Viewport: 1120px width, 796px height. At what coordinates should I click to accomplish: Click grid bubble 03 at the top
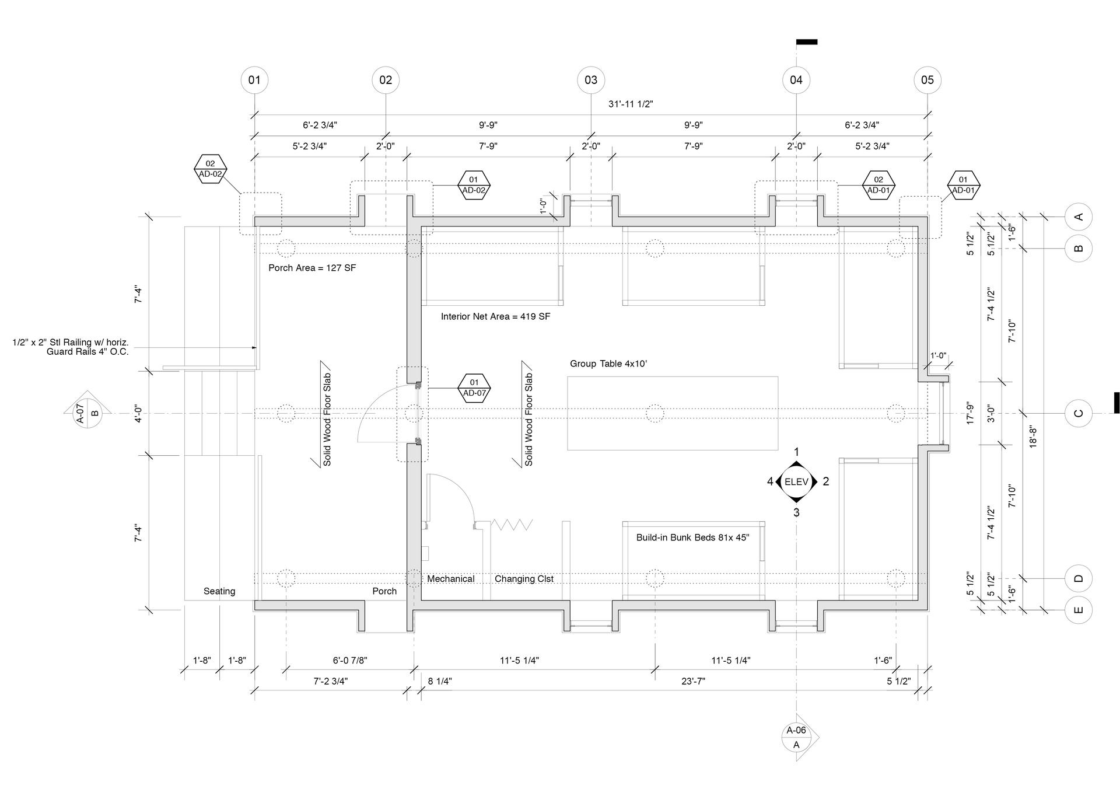coord(591,80)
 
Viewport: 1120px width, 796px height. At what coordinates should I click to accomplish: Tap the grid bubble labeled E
coord(1078,610)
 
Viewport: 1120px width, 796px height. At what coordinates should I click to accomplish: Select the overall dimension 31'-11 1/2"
coord(631,104)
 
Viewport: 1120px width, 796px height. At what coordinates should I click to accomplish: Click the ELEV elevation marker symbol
coord(796,481)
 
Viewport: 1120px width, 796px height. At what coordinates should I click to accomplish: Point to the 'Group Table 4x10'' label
coord(608,364)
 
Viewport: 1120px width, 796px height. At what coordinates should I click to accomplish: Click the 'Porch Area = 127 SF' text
coord(312,268)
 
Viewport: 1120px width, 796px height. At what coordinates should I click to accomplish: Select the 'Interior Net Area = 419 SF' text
coord(495,316)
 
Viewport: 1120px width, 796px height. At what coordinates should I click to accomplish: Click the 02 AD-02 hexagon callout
coord(210,169)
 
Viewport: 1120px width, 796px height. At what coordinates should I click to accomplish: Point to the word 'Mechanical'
coord(450,579)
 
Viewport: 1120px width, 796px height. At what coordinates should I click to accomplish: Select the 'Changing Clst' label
coord(524,579)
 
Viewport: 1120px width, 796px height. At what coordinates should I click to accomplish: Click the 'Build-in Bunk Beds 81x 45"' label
coord(692,537)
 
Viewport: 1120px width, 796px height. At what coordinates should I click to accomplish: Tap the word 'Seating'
coord(219,591)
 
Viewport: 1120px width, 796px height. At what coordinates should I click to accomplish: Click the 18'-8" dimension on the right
coord(1033,436)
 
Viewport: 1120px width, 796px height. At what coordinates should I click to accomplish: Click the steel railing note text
coord(71,347)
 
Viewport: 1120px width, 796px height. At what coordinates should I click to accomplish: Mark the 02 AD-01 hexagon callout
coord(878,185)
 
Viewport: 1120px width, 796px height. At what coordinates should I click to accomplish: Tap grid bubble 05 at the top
coord(928,80)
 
